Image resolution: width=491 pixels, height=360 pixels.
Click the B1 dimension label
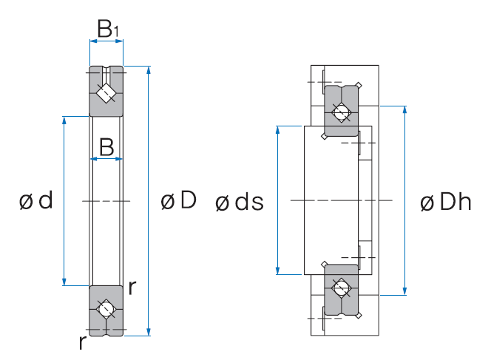coord(107,29)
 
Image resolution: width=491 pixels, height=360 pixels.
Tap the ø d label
coord(36,200)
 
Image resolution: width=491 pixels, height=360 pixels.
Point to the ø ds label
coord(238,202)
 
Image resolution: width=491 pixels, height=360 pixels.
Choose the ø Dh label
coord(444,202)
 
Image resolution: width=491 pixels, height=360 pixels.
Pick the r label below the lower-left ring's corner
coord(82,342)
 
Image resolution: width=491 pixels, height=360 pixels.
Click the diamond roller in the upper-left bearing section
coord(106,92)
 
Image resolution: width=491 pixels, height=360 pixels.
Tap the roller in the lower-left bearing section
coord(106,308)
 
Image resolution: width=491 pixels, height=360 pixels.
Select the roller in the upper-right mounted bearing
coord(341,112)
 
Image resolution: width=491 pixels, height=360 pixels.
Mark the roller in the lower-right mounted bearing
coord(341,288)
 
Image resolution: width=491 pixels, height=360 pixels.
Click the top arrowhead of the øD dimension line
coord(149,70)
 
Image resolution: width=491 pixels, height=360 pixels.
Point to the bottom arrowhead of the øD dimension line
coord(149,331)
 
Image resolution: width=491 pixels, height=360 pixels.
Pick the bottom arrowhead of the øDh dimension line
coord(405,291)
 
